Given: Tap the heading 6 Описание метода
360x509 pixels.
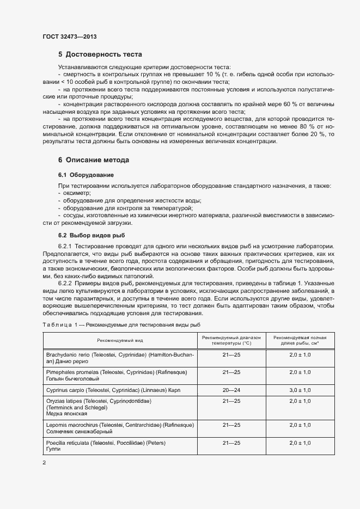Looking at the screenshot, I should [x=94, y=161].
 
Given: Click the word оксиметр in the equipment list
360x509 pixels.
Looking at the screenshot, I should [x=77, y=193].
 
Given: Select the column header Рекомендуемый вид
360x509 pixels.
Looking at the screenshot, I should [x=120, y=340].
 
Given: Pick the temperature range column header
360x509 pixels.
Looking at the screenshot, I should [x=231, y=340].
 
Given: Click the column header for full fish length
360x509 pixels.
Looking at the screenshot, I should [x=300, y=340].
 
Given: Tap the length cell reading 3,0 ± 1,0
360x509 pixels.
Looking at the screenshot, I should [x=300, y=390].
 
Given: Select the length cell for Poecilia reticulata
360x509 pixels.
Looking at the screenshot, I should [x=300, y=443].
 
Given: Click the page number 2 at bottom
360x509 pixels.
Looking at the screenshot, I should [x=44, y=463].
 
